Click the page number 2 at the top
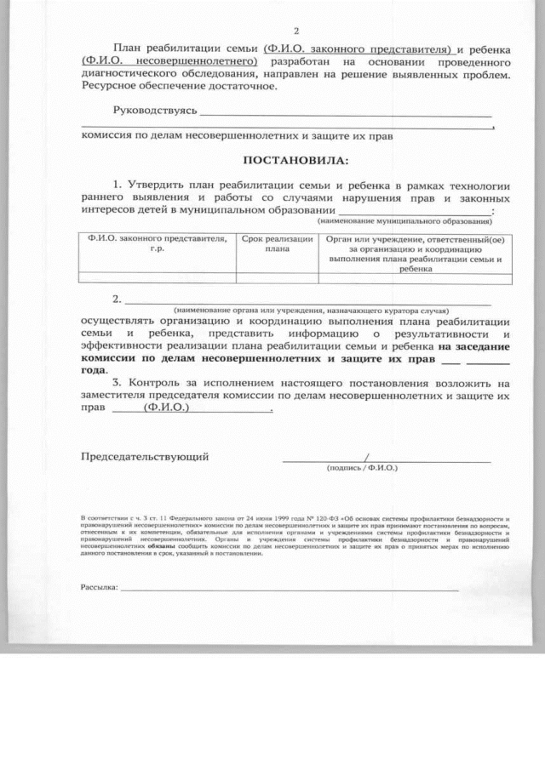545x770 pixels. pos(295,30)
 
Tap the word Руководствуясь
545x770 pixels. pos(155,111)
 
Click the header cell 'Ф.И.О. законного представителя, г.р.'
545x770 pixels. pos(157,244)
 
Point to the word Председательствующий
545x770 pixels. pos(145,457)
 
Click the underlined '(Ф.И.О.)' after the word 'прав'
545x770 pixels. pos(167,408)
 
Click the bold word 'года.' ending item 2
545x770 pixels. pos(95,370)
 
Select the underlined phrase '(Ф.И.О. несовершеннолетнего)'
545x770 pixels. pos(169,62)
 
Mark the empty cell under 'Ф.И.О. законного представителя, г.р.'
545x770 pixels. pos(157,277)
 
